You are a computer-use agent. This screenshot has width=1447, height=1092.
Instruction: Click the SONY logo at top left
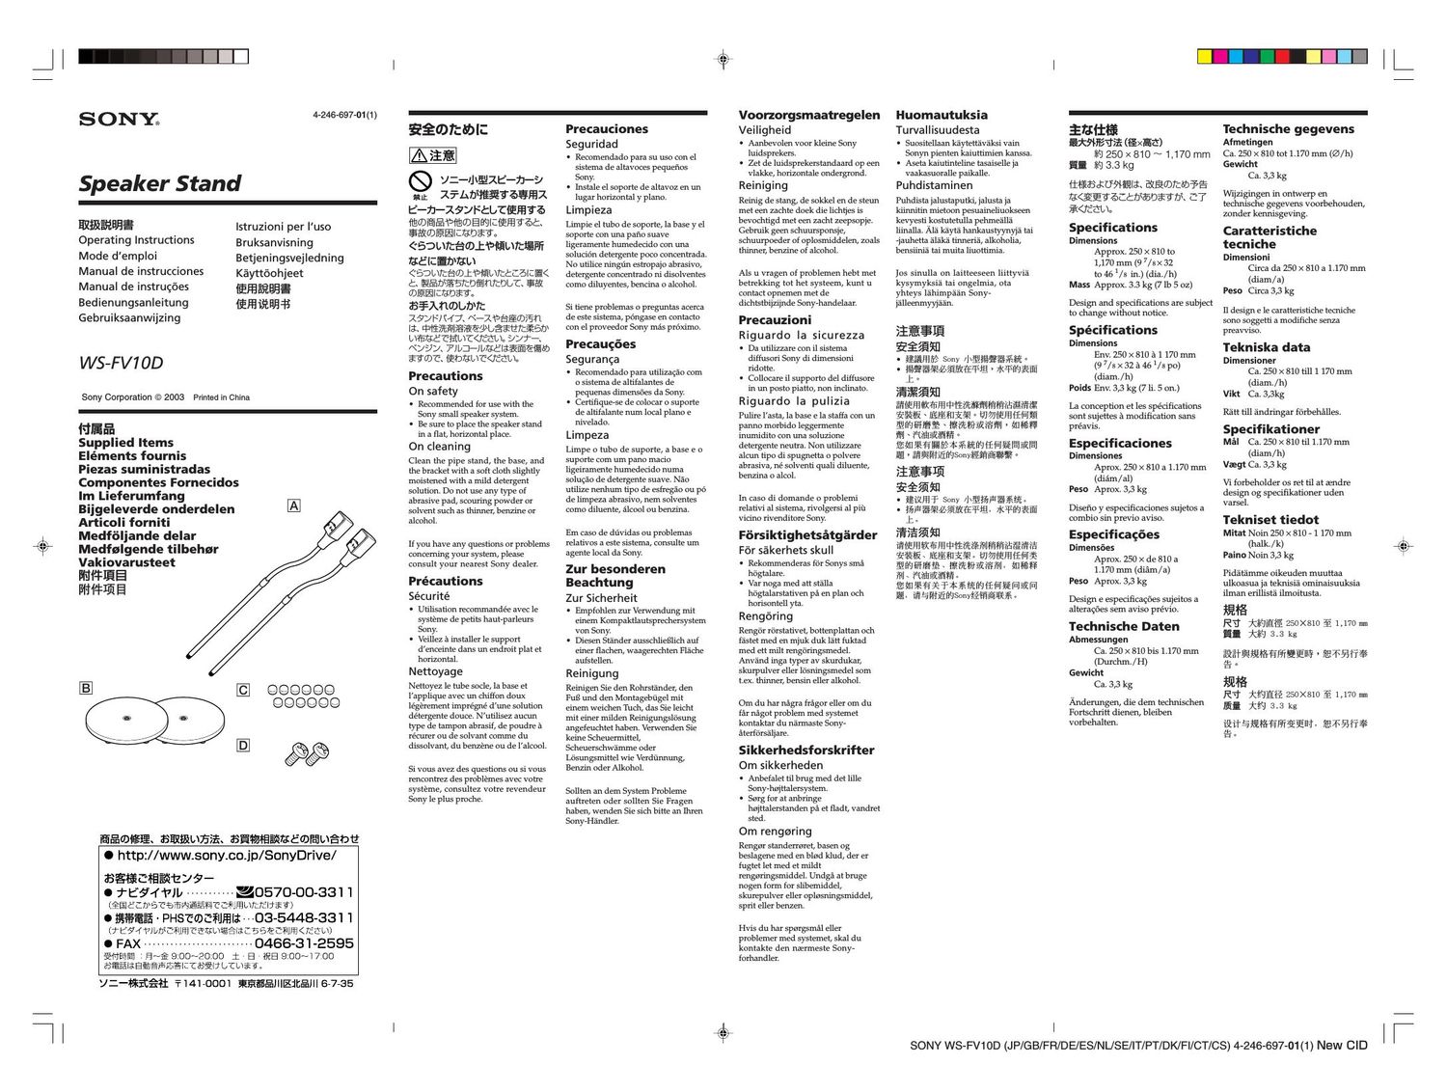pos(119,120)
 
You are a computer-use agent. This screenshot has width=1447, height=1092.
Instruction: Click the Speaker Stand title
pos(159,183)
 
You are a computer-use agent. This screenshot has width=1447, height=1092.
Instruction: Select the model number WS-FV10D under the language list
pos(121,364)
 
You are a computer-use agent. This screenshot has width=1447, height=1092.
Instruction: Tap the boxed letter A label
pos(294,506)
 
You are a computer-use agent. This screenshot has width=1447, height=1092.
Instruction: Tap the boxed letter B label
pos(86,688)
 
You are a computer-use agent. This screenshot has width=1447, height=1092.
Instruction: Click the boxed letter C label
pos(243,690)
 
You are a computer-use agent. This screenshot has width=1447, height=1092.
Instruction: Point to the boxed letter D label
pos(243,745)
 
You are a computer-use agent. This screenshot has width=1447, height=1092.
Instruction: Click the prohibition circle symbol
pos(420,180)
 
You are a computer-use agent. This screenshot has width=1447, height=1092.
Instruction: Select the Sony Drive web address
pos(227,856)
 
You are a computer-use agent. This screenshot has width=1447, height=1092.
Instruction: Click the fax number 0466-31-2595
pos(304,943)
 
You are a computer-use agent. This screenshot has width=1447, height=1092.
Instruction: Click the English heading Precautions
pos(445,376)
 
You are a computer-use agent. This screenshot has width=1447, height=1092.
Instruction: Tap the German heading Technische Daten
pos(1124,626)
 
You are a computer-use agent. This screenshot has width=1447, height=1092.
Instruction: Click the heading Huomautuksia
pos(941,115)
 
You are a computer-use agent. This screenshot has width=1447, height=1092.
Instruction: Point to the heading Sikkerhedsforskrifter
pos(805,750)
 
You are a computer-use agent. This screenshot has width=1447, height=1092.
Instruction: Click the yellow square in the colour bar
pos(1204,57)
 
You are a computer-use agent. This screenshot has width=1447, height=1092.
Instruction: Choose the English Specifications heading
pos(1112,228)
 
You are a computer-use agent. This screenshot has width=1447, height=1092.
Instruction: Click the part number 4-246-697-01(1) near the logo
pos(344,116)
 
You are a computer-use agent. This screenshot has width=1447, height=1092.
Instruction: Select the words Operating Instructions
pos(136,240)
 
